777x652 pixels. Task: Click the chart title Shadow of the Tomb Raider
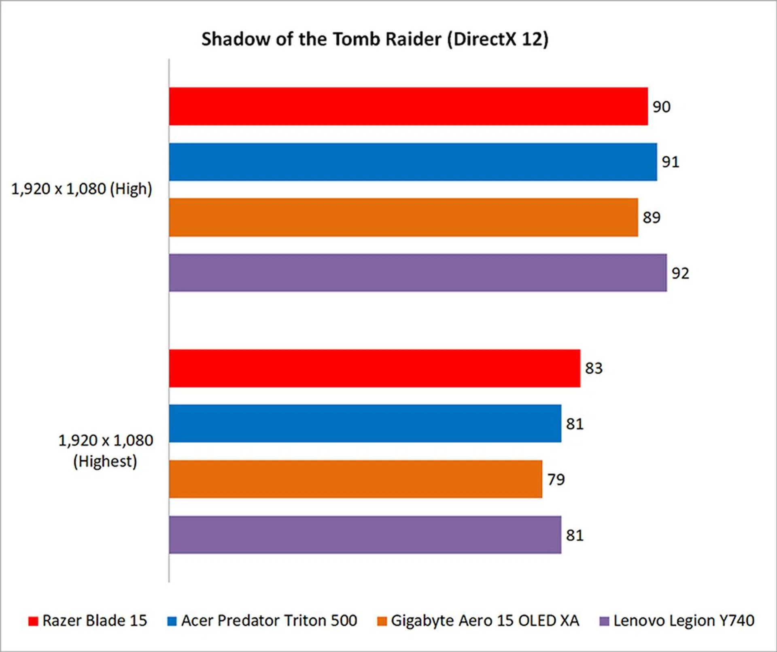coord(374,40)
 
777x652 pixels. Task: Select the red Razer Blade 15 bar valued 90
coord(408,106)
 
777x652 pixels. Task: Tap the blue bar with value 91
coord(413,162)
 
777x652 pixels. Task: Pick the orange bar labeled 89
coord(403,217)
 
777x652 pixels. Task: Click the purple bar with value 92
coord(418,273)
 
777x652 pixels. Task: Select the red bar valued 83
coord(374,368)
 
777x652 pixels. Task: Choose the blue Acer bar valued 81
coord(365,424)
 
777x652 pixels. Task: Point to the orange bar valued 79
coord(355,479)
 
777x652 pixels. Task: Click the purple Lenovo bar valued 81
coord(365,535)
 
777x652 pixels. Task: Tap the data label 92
coord(680,274)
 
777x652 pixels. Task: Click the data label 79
coord(556,480)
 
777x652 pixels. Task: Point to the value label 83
coord(594,369)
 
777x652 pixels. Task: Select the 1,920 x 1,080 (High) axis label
coord(81,189)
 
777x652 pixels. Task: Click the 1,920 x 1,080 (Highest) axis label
coord(106,451)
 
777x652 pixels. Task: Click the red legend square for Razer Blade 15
coord(33,621)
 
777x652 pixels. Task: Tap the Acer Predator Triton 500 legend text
coord(269,621)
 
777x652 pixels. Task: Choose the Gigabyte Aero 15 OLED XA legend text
coord(485,621)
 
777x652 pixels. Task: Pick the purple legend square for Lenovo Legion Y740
coord(604,621)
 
